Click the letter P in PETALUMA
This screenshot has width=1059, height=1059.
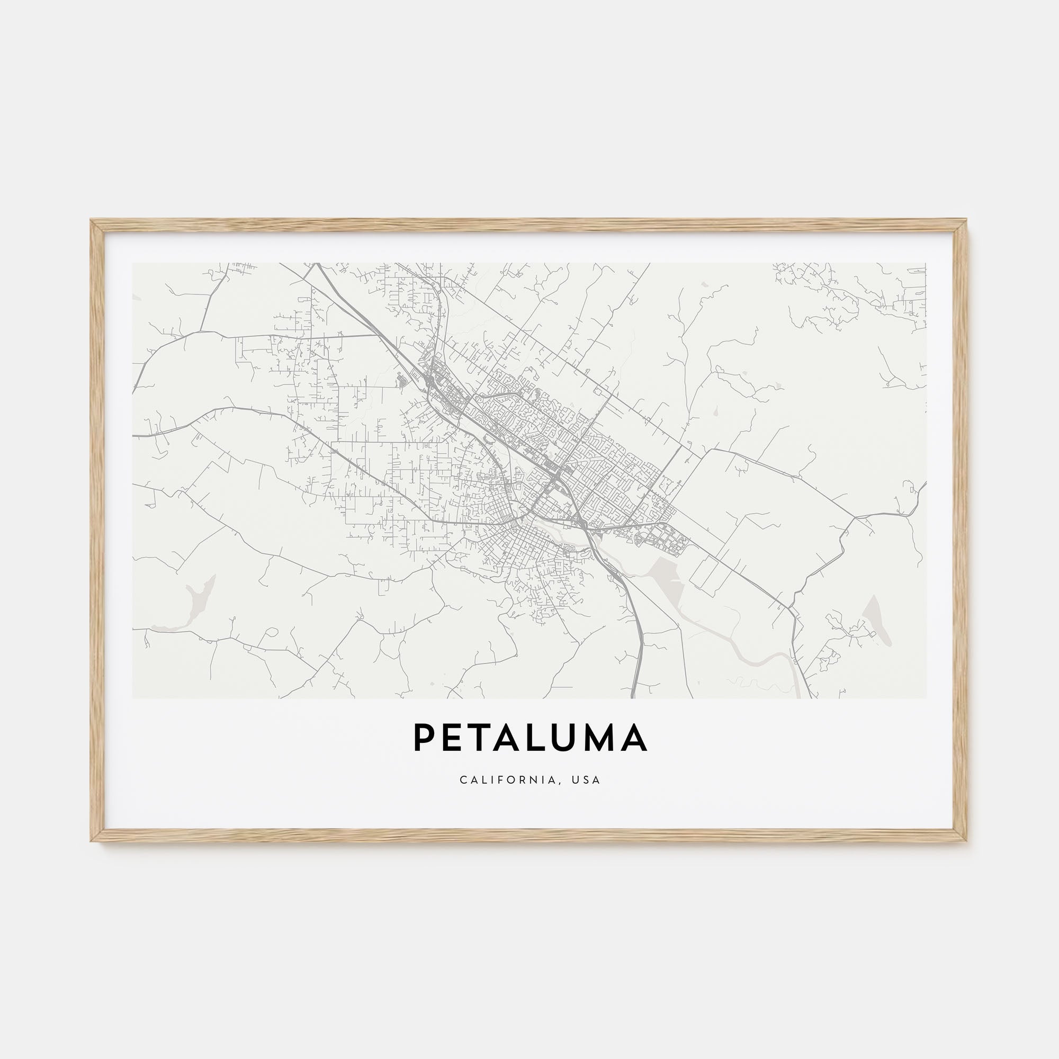[424, 738]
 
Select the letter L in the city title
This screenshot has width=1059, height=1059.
[550, 738]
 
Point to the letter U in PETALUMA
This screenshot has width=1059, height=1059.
[579, 738]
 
